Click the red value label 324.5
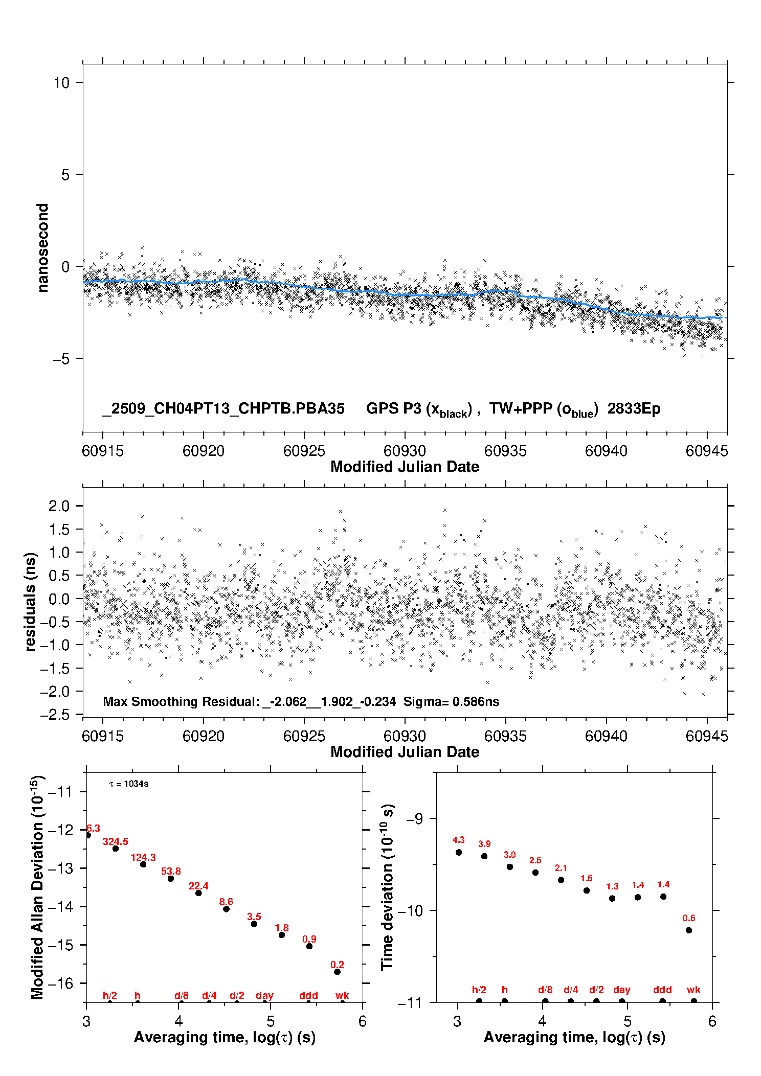116,841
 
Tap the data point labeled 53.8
171,878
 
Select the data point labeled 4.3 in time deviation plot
459,852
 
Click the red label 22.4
198,886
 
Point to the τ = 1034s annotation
129,784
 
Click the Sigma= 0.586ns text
451,701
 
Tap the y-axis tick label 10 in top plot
61,82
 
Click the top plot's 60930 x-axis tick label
405,451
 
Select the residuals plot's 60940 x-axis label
606,736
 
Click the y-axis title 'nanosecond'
42,248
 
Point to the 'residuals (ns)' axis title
31,602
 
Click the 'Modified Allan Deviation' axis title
37,887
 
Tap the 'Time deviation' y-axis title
387,887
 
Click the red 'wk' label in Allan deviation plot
342,995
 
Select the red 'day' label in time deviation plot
622,990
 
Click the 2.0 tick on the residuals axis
59,506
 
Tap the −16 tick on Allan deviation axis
60,983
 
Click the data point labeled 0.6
689,930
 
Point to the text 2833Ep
634,408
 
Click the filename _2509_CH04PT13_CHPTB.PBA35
223,408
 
